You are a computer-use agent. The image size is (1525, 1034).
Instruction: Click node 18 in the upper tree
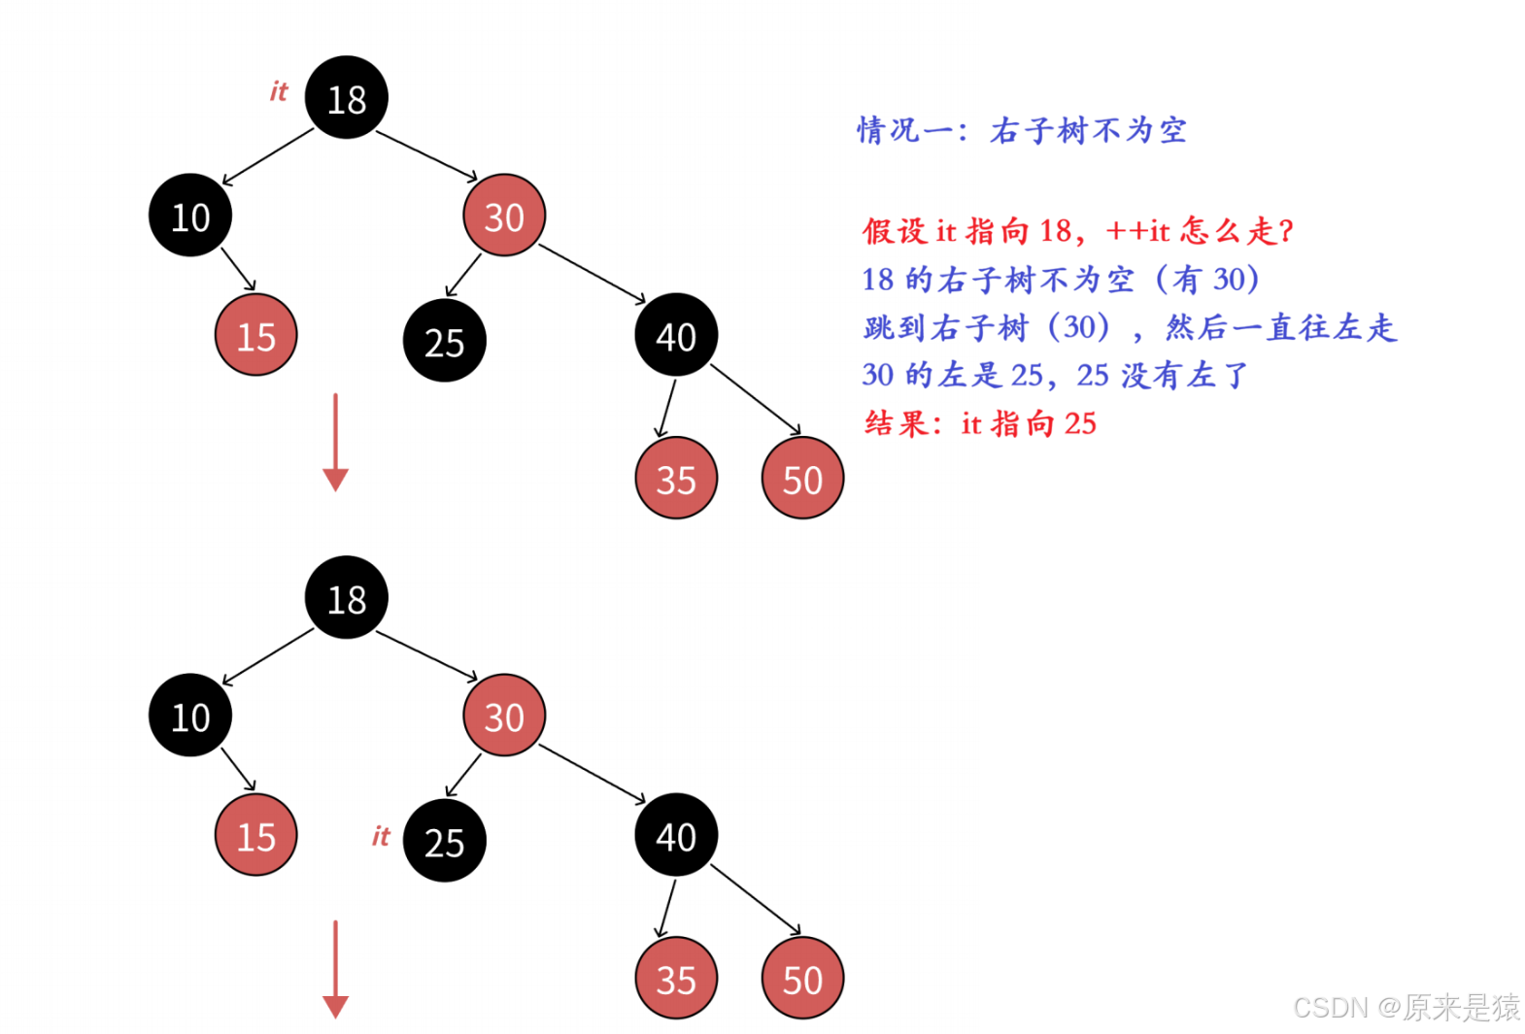click(x=347, y=97)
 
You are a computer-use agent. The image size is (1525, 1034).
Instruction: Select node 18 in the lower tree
click(x=347, y=597)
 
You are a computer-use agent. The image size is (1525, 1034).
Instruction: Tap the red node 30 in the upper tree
click(x=504, y=216)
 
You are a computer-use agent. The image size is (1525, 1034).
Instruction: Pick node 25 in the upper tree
click(x=445, y=341)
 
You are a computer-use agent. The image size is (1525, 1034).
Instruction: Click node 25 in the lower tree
click(x=445, y=841)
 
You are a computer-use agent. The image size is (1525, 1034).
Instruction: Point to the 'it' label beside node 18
click(x=279, y=91)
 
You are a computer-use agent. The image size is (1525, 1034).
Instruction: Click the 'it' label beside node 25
click(x=381, y=836)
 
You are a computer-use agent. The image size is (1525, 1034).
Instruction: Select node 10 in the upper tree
click(x=190, y=216)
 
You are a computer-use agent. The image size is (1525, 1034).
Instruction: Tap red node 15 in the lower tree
click(x=256, y=835)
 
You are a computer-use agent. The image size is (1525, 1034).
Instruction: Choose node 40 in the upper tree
click(x=676, y=334)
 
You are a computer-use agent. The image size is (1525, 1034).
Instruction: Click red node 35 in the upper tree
click(x=676, y=478)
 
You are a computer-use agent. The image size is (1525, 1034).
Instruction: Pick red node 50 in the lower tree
click(x=802, y=978)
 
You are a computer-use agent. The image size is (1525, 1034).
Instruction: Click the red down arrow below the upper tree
click(x=336, y=443)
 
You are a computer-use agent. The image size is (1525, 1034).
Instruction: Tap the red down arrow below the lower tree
click(x=336, y=969)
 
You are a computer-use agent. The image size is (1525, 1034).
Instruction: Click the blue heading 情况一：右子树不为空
click(x=1022, y=130)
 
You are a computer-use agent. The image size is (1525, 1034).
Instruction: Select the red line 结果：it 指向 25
click(x=980, y=423)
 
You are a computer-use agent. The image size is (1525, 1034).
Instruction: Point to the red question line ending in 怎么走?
click(x=1078, y=231)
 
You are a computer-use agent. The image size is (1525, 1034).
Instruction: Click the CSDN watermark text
click(x=1406, y=1007)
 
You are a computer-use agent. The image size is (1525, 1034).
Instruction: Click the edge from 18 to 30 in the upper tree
click(x=426, y=156)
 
